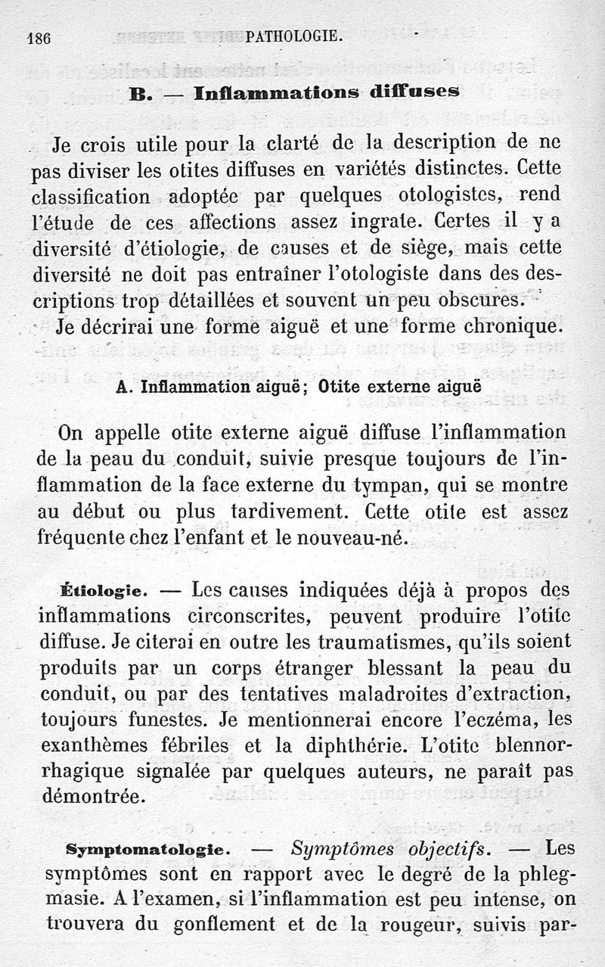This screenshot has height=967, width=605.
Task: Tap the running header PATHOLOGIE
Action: point(294,36)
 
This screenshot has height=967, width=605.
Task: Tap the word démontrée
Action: point(91,797)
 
